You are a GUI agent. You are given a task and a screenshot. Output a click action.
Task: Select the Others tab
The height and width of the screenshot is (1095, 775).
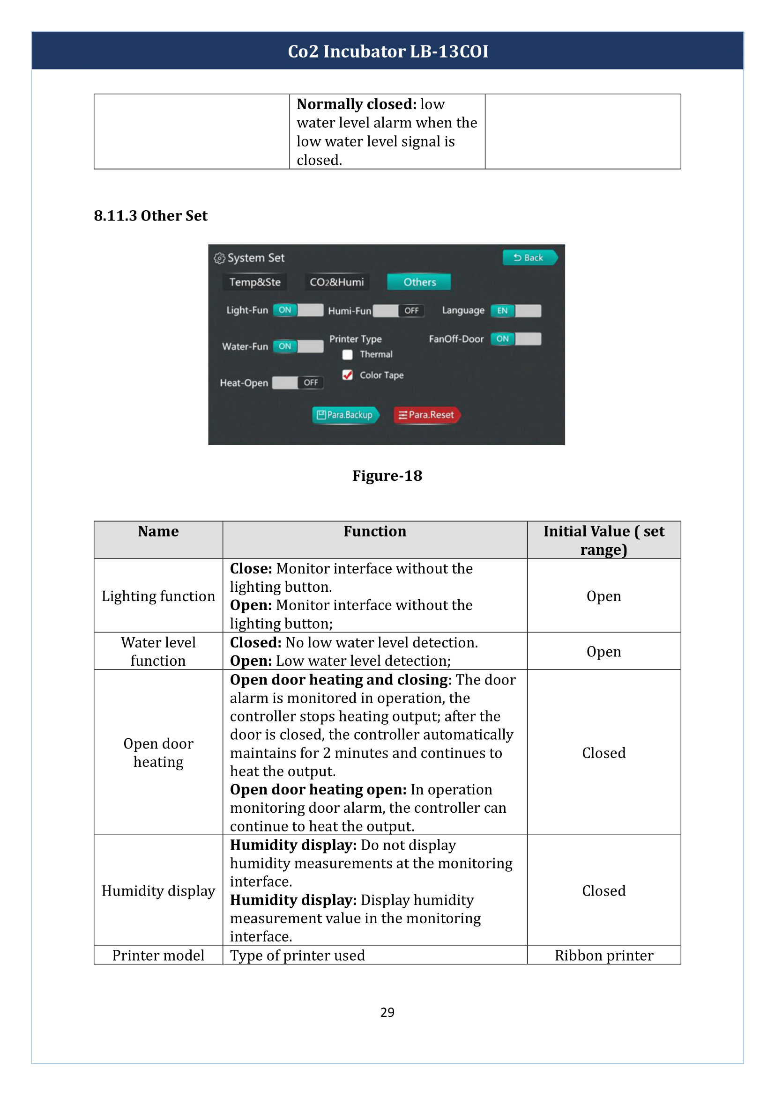[x=419, y=282]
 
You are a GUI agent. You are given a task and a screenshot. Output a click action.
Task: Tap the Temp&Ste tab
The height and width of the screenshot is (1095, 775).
[x=255, y=282]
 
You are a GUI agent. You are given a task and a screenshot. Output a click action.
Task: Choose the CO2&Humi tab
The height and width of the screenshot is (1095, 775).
[x=336, y=282]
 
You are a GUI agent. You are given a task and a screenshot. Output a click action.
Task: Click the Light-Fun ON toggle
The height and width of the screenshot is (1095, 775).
[x=298, y=310]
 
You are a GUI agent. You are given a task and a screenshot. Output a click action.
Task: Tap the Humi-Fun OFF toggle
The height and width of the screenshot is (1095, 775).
[x=398, y=311]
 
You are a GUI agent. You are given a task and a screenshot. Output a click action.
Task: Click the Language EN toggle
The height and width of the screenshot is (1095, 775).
[x=515, y=311]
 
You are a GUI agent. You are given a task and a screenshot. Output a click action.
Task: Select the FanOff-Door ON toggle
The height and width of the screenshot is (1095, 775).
[x=515, y=339]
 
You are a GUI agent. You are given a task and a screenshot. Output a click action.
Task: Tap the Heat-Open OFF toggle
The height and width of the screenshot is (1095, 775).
[x=298, y=382]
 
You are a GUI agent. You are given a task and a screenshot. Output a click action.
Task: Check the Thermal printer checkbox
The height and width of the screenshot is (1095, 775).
[x=347, y=354]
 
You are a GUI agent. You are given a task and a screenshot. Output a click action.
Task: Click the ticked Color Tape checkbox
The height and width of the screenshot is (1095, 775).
[x=347, y=375]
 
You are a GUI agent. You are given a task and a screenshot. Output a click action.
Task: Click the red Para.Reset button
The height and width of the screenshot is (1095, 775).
[x=427, y=415]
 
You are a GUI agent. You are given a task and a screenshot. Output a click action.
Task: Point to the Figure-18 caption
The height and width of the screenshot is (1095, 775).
[x=387, y=476]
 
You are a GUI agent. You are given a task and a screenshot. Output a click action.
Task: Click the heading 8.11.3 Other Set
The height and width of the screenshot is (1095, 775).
[x=150, y=215]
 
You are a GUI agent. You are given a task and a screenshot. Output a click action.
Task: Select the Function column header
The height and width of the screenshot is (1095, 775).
[x=375, y=531]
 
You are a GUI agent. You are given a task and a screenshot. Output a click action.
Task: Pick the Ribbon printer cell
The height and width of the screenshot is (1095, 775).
[x=603, y=955]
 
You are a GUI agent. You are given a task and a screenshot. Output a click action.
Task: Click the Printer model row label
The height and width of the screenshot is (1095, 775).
[x=158, y=955]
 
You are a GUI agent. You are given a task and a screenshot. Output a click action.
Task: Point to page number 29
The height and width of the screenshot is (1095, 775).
[x=387, y=1012]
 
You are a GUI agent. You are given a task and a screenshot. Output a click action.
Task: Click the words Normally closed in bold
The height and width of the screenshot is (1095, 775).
[x=357, y=104]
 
